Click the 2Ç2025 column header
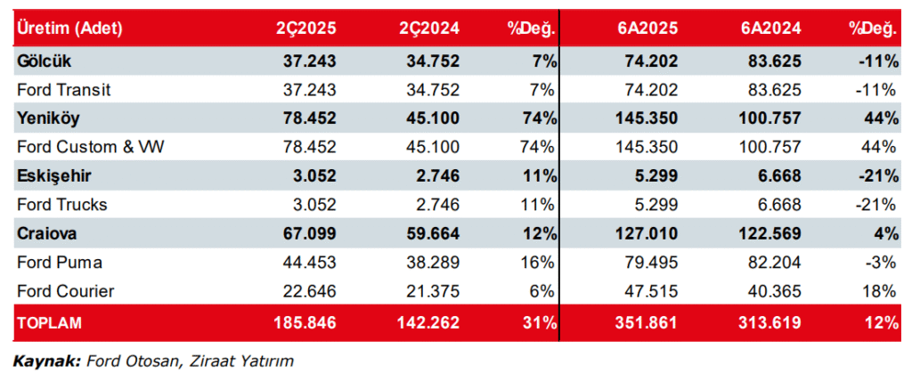[x=305, y=28]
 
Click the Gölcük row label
[x=43, y=61]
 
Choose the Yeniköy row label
[x=46, y=118]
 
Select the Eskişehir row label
[x=53, y=175]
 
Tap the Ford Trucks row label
[x=61, y=205]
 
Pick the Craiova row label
[x=45, y=233]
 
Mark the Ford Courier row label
[x=65, y=291]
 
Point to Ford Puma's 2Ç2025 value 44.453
[x=307, y=263]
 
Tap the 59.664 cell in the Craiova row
[x=430, y=233]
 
